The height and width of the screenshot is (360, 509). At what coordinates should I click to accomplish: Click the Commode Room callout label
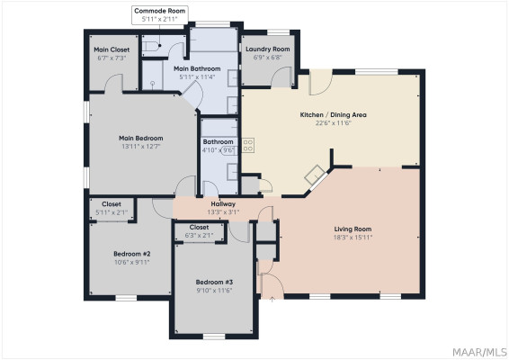coord(160,11)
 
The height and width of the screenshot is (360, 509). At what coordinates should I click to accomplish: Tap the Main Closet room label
coord(112,49)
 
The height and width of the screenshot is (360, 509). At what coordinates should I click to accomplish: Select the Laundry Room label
coord(268,49)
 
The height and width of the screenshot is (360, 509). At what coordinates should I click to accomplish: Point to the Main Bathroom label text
coord(197,68)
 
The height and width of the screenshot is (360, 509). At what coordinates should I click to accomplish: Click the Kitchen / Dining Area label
coord(333,114)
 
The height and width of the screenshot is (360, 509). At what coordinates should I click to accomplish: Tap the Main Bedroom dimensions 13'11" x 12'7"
coord(141,147)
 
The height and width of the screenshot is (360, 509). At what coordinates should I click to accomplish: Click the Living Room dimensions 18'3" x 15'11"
coord(353,238)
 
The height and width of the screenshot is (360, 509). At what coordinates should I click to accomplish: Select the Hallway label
coord(223,204)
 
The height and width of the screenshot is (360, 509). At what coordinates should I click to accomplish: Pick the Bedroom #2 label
coord(132,254)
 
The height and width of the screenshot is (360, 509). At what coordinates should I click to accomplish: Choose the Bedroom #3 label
coord(214,282)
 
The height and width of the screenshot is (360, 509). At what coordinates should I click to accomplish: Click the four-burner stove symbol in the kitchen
coord(248,145)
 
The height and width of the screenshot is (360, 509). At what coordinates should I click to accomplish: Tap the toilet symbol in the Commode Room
coord(152,46)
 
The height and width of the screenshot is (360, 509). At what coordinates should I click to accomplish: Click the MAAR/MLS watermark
coord(480,352)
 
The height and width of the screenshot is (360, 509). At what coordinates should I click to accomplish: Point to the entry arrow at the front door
coord(272,299)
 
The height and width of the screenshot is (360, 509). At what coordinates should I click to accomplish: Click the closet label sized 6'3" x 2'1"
coord(199,231)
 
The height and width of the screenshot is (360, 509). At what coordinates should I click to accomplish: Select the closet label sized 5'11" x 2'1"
coord(112,208)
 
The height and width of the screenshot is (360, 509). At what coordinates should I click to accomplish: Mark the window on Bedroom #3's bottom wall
coord(214,337)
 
